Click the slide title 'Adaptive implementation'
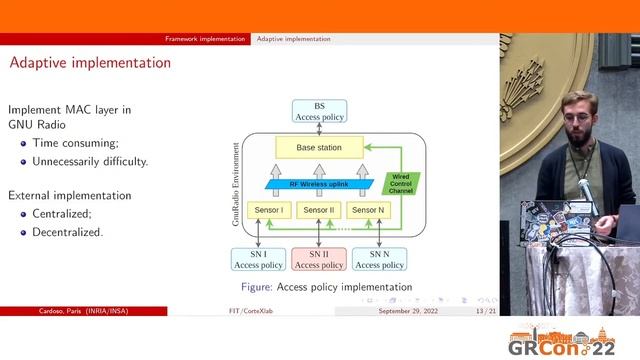pos(89,63)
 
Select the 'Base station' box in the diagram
pos(319,148)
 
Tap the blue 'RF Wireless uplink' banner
pos(320,183)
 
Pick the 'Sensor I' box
pos(267,210)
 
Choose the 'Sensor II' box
pos(319,210)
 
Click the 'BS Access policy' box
pos(319,111)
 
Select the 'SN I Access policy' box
pos(258,259)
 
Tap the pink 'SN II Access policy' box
pos(319,259)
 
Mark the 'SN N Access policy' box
pos(380,259)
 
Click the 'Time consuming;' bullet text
pos(75,143)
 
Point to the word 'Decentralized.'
pos(67,232)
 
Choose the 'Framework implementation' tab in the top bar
pos(205,39)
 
